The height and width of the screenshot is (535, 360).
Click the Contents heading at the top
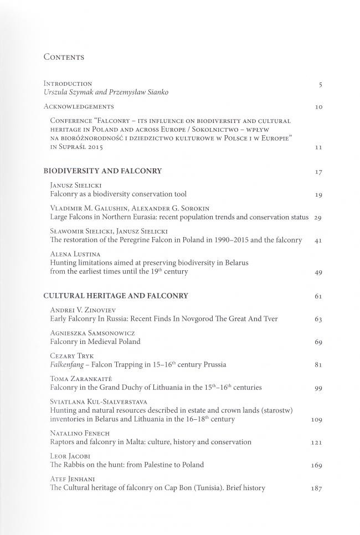tap(64, 57)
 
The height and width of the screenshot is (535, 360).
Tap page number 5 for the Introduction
tap(320, 85)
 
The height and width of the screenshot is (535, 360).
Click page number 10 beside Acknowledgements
tap(318, 107)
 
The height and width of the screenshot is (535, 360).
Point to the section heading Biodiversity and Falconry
tap(102, 171)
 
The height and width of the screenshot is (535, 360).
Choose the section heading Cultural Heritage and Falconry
tap(116, 296)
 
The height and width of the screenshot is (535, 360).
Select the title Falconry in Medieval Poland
tap(95, 342)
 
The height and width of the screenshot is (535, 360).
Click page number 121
tap(316, 443)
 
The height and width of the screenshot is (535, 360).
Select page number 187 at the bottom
tap(316, 489)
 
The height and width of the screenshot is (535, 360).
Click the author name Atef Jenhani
tap(71, 479)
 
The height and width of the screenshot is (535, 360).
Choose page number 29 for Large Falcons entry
tap(318, 218)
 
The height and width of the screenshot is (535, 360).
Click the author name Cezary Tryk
tap(70, 356)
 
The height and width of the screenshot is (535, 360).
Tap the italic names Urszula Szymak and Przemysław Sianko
tap(106, 92)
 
